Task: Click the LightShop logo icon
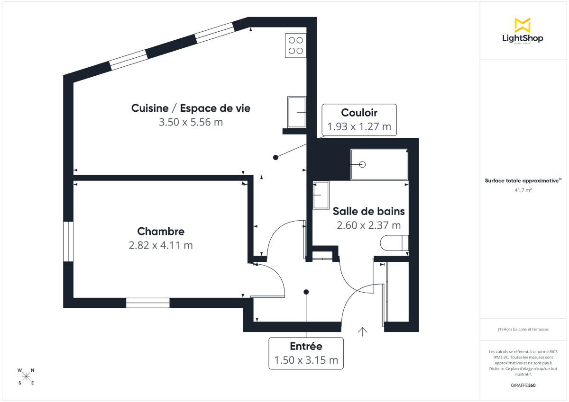[x=523, y=25]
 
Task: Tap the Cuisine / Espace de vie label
[x=191, y=108]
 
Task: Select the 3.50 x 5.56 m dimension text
[x=191, y=122]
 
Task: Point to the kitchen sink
[x=297, y=112]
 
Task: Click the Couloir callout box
[x=359, y=120]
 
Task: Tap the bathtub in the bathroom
[x=379, y=164]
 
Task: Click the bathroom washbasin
[x=321, y=195]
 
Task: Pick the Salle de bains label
[x=368, y=211]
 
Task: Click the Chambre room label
[x=161, y=232]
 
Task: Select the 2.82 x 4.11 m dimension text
[x=161, y=245]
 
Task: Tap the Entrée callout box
[x=306, y=353]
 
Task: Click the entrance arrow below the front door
[x=363, y=331]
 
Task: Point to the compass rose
[x=26, y=376]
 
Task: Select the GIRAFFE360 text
[x=523, y=385]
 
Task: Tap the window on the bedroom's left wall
[x=68, y=241]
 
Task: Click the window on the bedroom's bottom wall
[x=147, y=303]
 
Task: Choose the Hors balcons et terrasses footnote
[x=523, y=329]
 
